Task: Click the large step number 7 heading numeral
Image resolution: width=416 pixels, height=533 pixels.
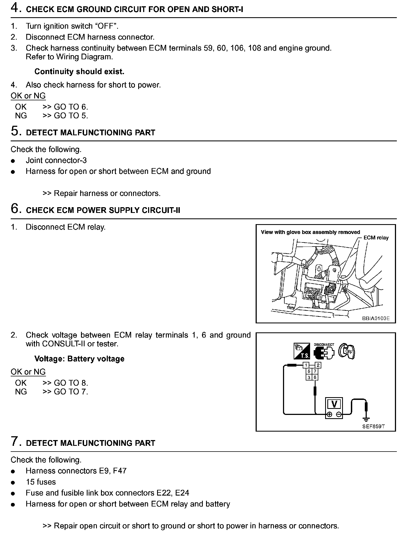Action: pos(15,442)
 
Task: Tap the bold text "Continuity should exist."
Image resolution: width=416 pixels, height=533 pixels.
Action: pos(79,72)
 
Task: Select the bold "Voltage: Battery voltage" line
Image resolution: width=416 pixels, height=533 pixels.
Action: pos(79,359)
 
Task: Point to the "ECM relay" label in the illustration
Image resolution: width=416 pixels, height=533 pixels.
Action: pos(376,238)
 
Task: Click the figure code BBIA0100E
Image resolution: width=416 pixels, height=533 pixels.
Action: pos(375,318)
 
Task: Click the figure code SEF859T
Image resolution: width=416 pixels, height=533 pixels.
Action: pos(374,426)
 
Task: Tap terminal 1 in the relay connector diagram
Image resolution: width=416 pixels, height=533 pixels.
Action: pos(306,365)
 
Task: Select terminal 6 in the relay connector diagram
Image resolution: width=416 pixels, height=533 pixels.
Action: pos(315,377)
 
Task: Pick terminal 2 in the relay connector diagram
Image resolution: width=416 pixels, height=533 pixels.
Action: pos(318,365)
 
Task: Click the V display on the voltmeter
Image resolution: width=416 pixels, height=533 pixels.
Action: pos(334,404)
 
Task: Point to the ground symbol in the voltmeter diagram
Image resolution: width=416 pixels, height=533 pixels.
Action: pos(366,418)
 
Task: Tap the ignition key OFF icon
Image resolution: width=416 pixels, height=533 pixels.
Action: pos(346,351)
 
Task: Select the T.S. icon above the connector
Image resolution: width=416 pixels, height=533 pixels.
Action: pos(302,351)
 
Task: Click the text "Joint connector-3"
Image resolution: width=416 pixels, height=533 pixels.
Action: pos(56,160)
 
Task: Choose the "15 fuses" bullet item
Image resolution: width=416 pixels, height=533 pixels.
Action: pos(41,482)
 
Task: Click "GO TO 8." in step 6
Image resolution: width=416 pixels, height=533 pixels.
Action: pos(71,383)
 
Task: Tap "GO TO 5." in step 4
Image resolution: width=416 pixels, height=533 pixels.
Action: pos(71,116)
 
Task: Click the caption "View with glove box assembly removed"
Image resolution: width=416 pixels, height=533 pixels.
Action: pos(310,232)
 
